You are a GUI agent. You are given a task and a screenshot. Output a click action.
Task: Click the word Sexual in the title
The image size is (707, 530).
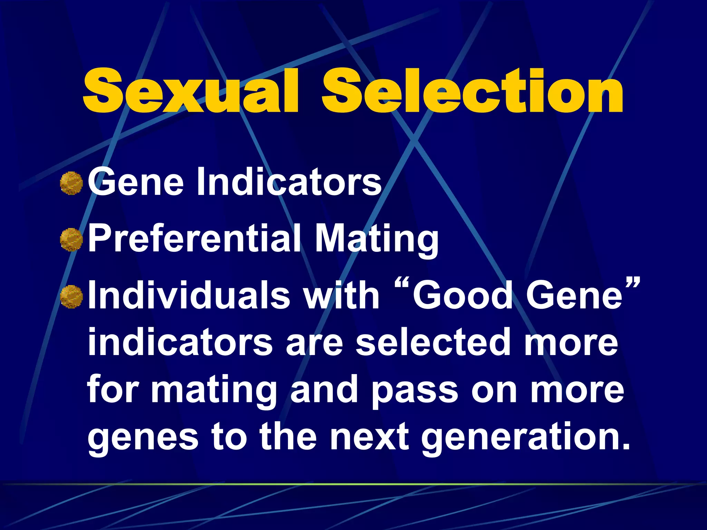pyautogui.click(x=190, y=91)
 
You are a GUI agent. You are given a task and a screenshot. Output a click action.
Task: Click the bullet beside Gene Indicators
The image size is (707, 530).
pyautogui.click(x=71, y=183)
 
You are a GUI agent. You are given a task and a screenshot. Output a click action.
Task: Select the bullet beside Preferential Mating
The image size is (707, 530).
pyautogui.click(x=71, y=239)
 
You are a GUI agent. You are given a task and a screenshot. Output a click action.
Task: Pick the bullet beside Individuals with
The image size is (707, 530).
pyautogui.click(x=71, y=296)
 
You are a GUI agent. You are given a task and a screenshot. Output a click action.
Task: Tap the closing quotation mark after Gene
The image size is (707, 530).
pyautogui.click(x=632, y=285)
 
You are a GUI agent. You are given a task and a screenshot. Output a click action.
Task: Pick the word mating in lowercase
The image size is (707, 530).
pyautogui.click(x=214, y=392)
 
